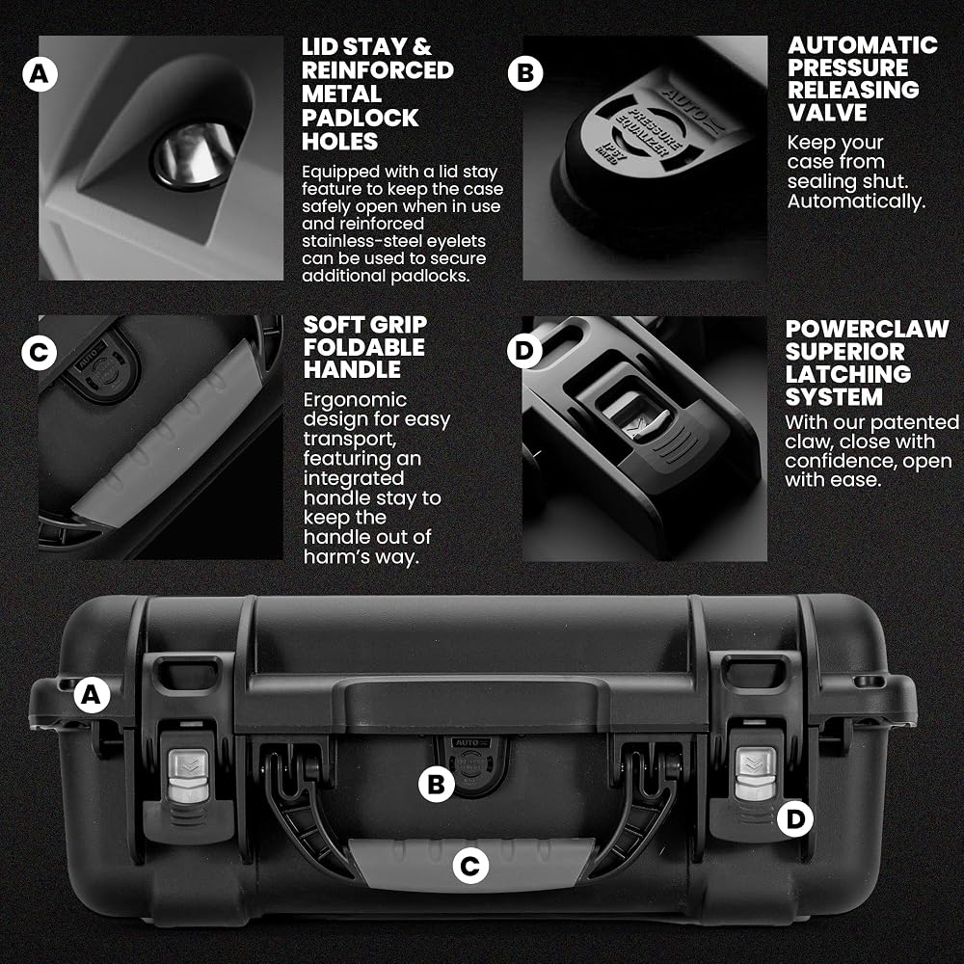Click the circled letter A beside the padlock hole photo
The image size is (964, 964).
point(40,74)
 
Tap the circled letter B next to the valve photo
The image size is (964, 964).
point(525,73)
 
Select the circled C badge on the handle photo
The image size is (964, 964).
point(39,353)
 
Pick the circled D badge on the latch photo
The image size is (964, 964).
point(524,351)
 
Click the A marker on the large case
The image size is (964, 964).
point(92,695)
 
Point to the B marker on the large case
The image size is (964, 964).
point(436,784)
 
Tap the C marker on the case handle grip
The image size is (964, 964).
point(470,867)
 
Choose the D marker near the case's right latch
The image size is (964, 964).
point(795,818)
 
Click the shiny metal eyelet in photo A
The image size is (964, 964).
point(195,153)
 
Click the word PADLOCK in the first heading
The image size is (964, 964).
point(361,118)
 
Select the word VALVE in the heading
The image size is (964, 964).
point(827,113)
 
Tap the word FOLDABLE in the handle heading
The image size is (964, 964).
point(364,347)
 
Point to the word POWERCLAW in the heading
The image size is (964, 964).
point(867,329)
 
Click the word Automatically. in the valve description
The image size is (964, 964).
point(856,201)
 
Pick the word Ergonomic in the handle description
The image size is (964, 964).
point(355,400)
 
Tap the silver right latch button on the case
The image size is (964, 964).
point(755,774)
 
